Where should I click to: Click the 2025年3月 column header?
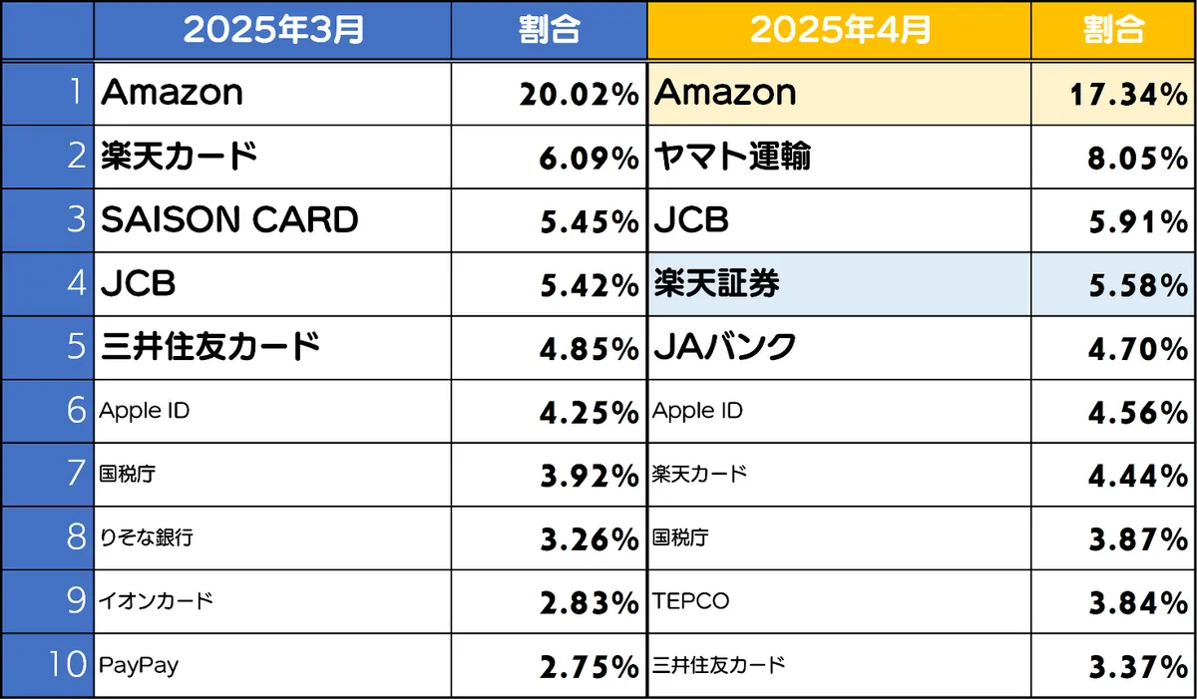point(272,30)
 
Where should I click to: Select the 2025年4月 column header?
point(839,30)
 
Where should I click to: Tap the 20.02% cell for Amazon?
point(578,95)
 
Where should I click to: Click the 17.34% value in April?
point(1128,95)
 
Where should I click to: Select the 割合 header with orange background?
point(1112,30)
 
